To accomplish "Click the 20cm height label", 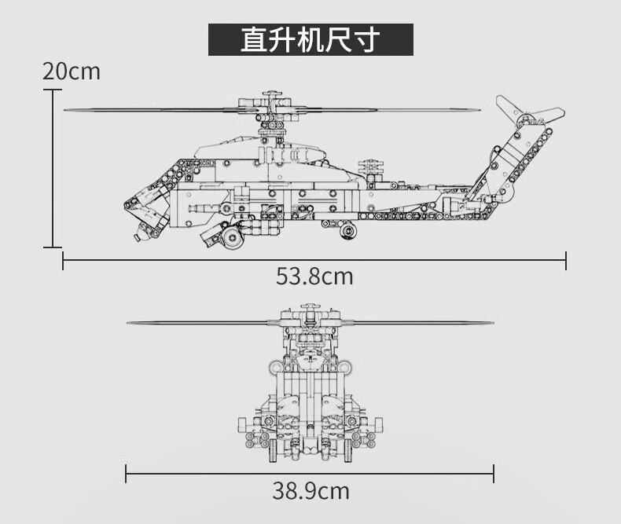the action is pos(72,71).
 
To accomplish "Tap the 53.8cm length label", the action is pos(314,277).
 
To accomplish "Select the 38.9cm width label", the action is pos(310,491).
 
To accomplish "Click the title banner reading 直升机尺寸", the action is pos(311,39).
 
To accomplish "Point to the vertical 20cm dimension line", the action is pos(53,169).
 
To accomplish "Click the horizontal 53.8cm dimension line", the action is pos(314,260).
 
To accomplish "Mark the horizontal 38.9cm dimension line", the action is pos(310,474).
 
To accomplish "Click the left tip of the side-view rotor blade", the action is pos(64,110).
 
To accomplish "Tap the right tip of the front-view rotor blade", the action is pos(493,323).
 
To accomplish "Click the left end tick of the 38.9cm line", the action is pos(126,474).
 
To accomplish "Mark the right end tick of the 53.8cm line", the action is pos(566,260).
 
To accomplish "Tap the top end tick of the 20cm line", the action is pos(53,90).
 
